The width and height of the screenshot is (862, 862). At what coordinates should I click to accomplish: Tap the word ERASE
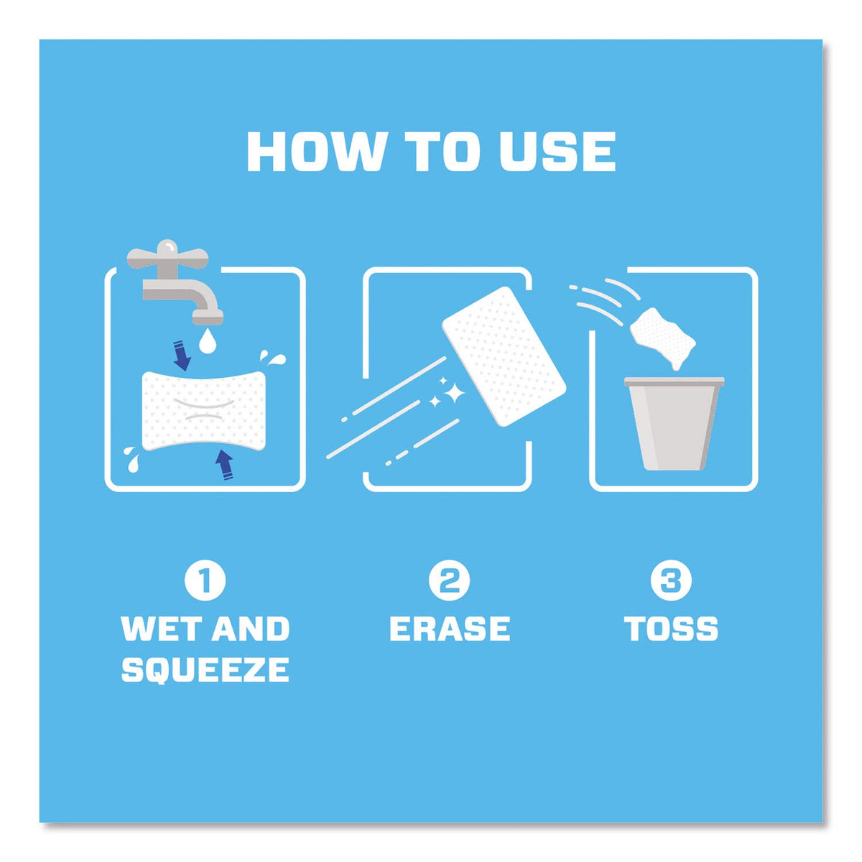click(x=450, y=628)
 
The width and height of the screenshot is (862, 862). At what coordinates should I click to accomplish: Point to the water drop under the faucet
click(x=206, y=341)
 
